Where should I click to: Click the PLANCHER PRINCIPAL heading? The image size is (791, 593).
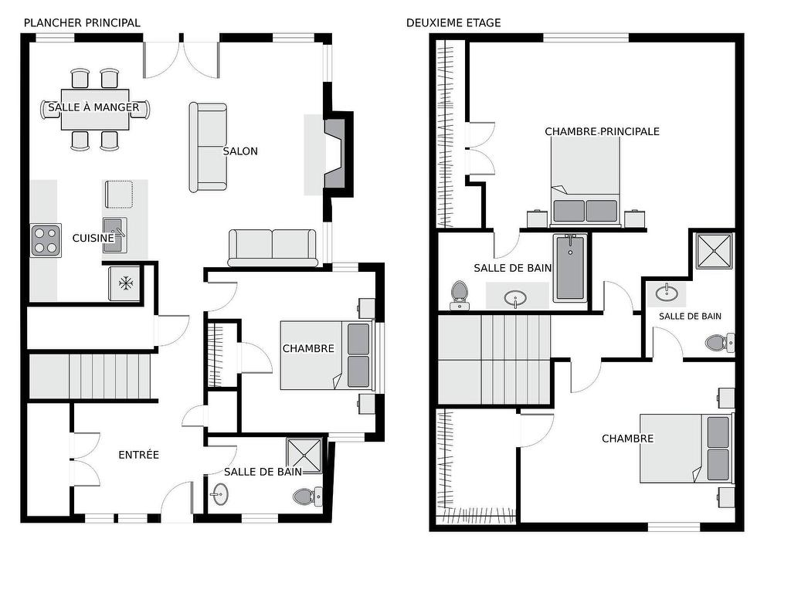tap(82, 22)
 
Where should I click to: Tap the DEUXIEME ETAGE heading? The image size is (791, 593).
tap(453, 22)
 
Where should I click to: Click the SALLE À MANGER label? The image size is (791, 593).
tap(93, 107)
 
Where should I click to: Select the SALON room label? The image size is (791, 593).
tap(240, 151)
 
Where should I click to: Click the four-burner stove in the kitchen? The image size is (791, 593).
tap(46, 241)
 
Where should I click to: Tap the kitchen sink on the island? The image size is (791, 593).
tap(115, 235)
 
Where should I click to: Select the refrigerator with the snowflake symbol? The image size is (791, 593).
tap(125, 283)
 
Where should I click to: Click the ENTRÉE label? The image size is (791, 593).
tap(139, 455)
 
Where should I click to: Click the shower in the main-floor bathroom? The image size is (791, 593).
tap(304, 456)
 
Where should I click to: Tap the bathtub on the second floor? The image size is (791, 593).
tap(570, 268)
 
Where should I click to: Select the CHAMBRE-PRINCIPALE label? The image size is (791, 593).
tap(602, 131)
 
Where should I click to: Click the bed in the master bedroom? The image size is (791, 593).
tap(586, 181)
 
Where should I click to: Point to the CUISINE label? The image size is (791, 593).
tap(93, 238)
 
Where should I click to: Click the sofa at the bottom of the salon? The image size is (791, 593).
tap(273, 248)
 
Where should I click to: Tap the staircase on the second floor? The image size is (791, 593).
tap(494, 360)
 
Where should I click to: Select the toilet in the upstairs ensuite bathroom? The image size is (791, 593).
tap(720, 343)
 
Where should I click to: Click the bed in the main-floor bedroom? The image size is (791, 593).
tap(328, 356)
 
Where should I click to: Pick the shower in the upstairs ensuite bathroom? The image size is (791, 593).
tap(713, 251)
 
